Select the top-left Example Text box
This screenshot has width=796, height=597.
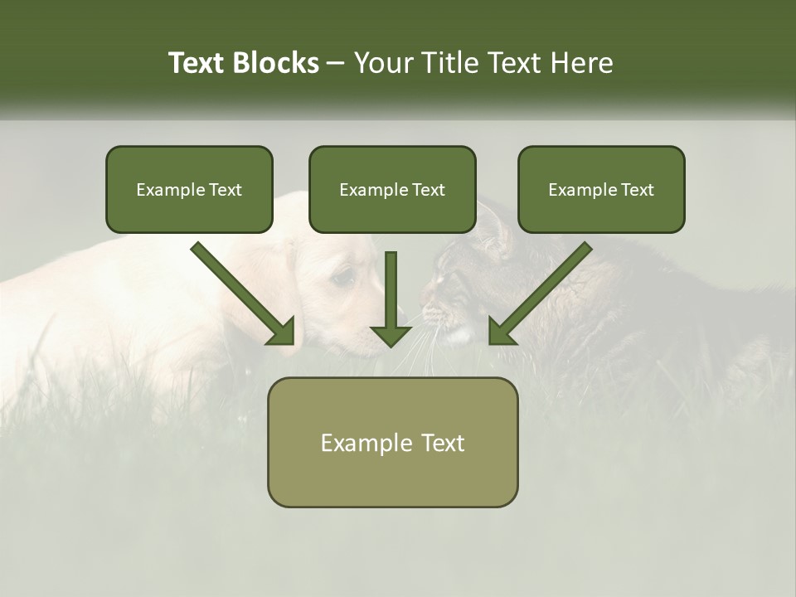[189, 189]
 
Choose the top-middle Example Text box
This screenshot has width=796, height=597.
[392, 189]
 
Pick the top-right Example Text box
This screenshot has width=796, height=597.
[601, 189]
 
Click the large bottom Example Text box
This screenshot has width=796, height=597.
[392, 442]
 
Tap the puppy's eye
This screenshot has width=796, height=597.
[344, 278]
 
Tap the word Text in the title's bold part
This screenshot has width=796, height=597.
[197, 63]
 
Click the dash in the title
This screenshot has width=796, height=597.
[337, 64]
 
